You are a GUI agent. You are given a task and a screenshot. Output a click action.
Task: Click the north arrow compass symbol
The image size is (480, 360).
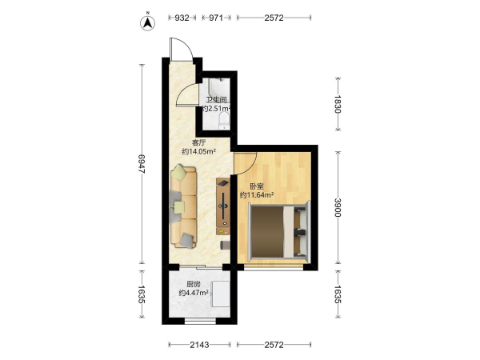(147, 22)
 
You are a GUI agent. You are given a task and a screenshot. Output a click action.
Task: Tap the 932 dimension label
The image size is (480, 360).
(182, 18)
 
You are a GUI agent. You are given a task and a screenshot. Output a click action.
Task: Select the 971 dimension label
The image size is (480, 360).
(216, 18)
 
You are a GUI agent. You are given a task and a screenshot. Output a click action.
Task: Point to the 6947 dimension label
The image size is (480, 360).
(142, 164)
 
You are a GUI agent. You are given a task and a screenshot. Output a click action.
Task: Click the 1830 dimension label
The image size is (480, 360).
(338, 104)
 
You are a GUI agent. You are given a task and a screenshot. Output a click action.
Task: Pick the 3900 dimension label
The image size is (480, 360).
(338, 207)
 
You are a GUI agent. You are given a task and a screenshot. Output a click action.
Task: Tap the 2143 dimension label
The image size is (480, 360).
(199, 345)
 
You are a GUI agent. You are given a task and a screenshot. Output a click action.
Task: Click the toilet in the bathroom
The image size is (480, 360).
(224, 121)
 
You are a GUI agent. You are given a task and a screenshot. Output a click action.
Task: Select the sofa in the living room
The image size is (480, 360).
(183, 206)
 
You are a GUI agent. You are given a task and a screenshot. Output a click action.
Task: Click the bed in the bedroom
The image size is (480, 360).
(279, 231)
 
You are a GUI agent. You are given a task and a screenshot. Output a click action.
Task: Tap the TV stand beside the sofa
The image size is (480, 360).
(223, 206)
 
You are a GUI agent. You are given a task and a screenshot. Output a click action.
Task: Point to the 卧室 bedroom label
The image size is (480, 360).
(257, 186)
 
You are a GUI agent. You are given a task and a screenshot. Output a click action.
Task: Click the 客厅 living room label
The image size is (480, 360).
(198, 142)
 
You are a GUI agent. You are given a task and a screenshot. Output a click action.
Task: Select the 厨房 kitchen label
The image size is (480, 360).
(194, 284)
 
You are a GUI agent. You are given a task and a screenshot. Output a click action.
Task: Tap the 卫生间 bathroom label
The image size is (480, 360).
(216, 100)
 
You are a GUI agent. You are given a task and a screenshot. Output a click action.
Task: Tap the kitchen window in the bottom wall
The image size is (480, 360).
(200, 321)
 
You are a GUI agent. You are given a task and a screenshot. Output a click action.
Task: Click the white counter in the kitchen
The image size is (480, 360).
(221, 294)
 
